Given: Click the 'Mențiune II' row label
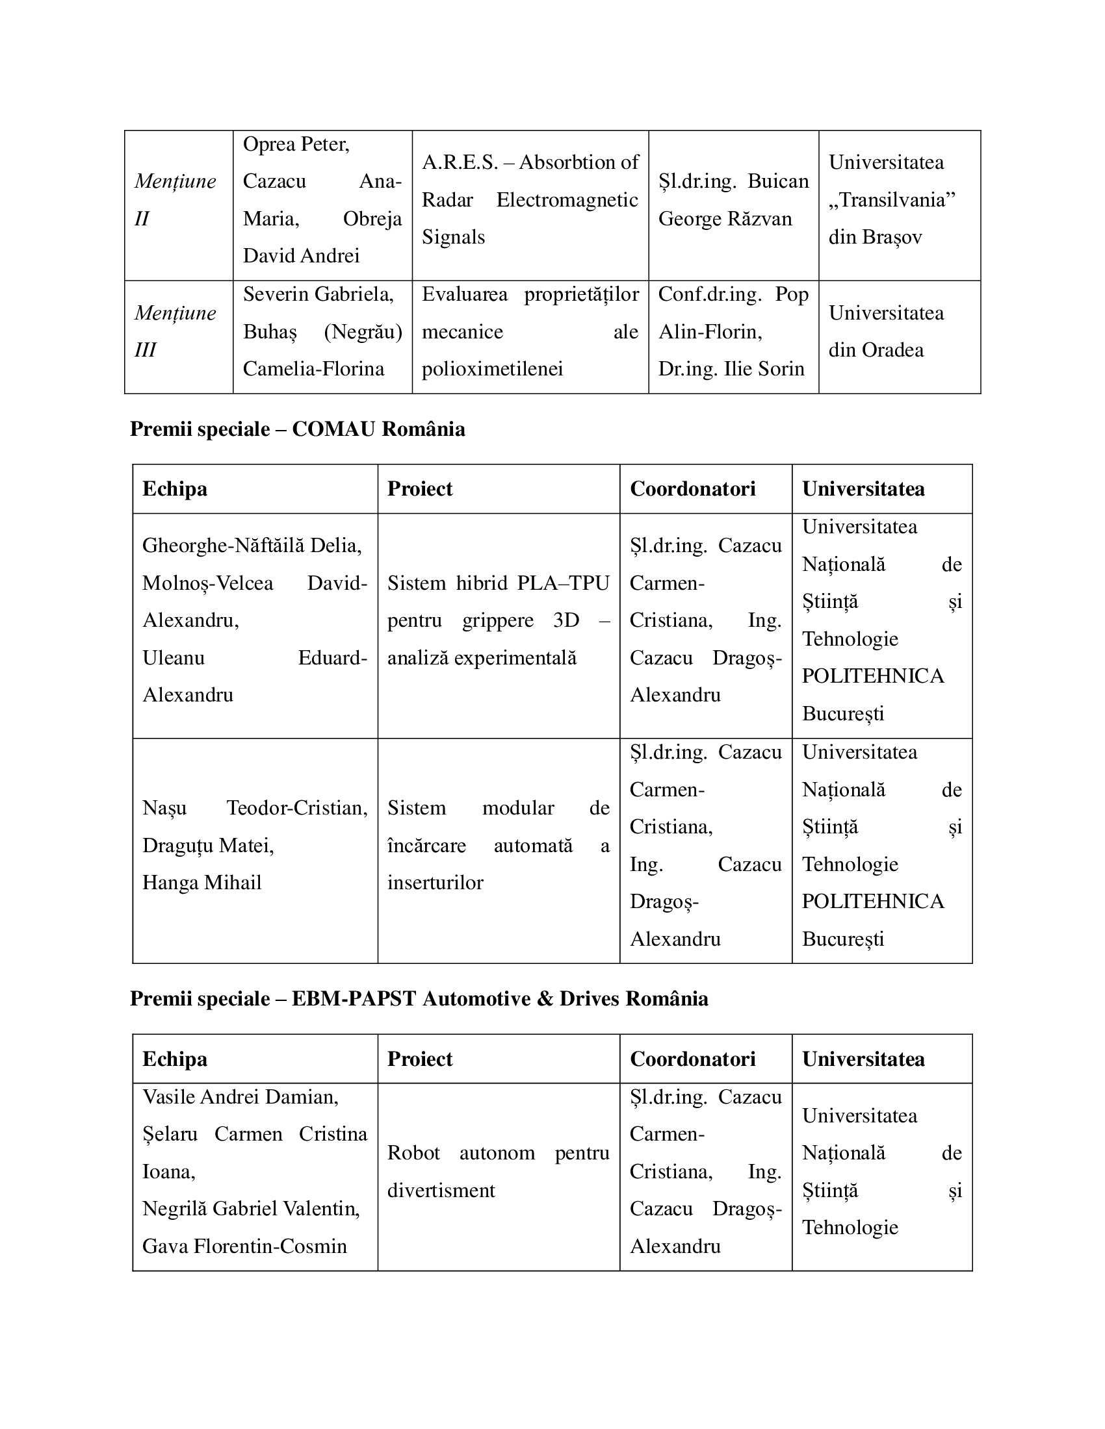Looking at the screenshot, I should point(175,199).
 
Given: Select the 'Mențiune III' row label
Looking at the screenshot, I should point(175,331).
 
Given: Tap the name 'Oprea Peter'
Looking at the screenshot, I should point(296,144).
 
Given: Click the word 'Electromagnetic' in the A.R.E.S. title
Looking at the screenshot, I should point(567,199).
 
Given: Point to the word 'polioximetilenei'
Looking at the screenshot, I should point(492,369).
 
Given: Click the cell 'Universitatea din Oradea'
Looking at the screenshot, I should point(886,331).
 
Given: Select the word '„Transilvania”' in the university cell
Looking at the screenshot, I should point(892,199).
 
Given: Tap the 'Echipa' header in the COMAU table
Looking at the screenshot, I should point(175,488).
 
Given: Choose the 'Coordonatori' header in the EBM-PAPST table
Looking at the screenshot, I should point(693,1059).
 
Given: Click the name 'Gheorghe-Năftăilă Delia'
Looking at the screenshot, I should point(252,545).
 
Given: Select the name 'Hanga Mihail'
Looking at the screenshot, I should point(201,883).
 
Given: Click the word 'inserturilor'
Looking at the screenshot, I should point(435,883).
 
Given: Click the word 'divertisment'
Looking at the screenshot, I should point(441,1190).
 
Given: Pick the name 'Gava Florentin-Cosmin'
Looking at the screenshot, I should point(244,1246).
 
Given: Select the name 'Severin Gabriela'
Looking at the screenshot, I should point(318,294).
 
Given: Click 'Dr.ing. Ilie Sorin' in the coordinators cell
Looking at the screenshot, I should point(731,369).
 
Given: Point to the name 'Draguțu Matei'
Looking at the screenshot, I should point(208,846).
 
